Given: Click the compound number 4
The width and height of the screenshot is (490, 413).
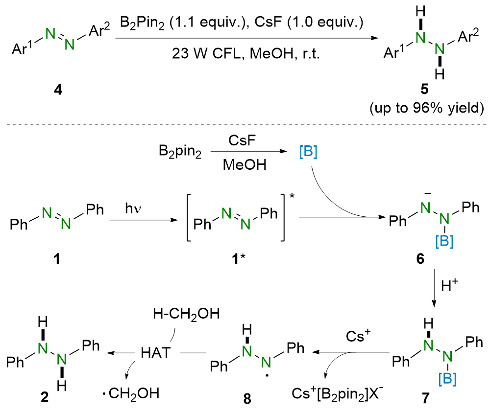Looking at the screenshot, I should click(x=59, y=91).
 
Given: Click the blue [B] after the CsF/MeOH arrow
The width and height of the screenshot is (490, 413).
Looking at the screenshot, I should click(x=308, y=152).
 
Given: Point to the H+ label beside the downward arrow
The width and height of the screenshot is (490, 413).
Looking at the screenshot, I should click(x=444, y=290).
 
